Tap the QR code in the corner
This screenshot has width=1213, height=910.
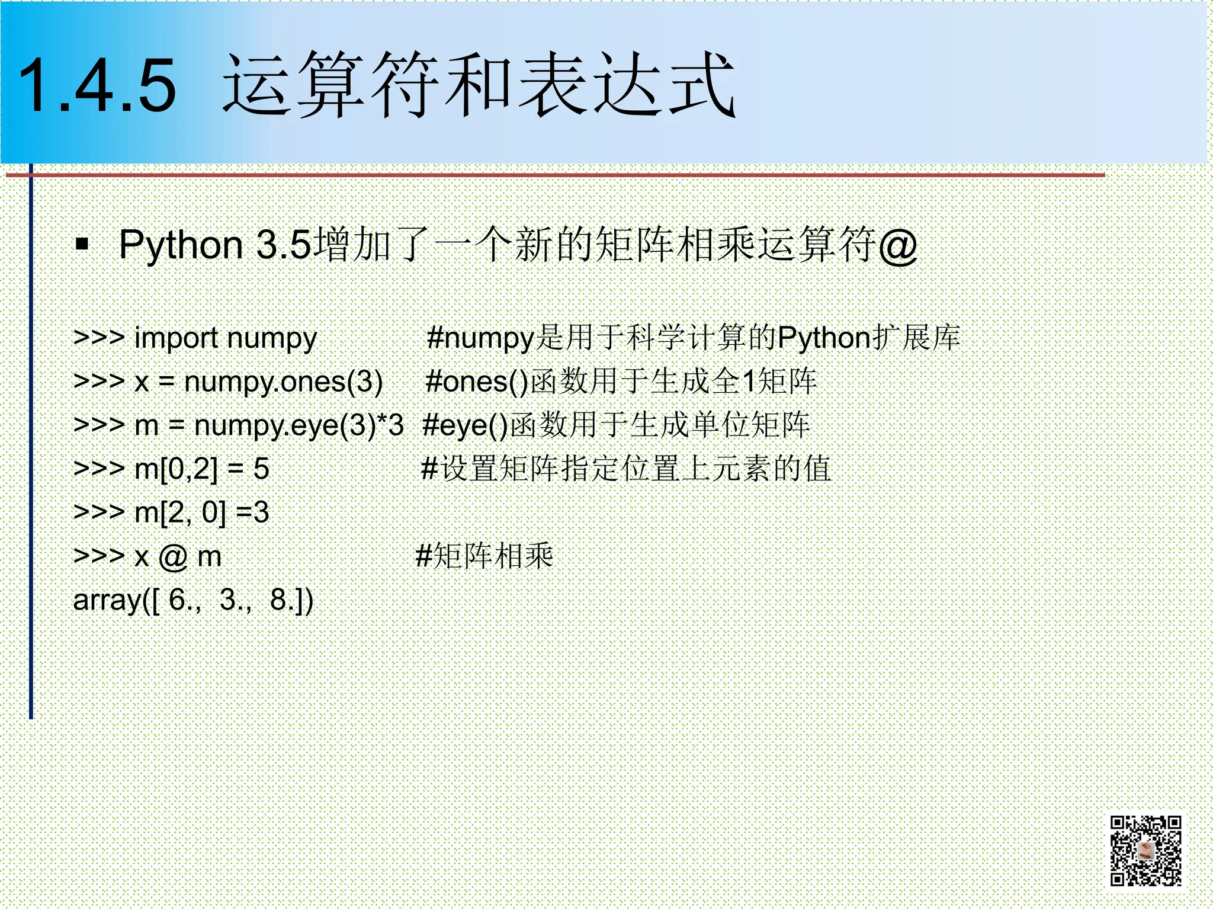(x=1145, y=851)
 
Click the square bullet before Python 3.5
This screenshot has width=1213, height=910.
(x=82, y=243)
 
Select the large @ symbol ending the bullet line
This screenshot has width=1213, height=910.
(x=898, y=245)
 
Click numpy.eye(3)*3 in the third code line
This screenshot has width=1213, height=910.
(x=299, y=425)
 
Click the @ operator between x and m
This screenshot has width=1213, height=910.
(x=172, y=557)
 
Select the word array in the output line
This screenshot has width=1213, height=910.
(x=107, y=601)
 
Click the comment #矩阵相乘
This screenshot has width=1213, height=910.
(x=484, y=556)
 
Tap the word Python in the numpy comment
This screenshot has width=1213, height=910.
(x=824, y=338)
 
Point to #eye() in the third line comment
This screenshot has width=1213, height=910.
(x=466, y=425)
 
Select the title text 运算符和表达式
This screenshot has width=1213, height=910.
(x=479, y=86)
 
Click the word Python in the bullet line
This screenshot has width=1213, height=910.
(x=181, y=245)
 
